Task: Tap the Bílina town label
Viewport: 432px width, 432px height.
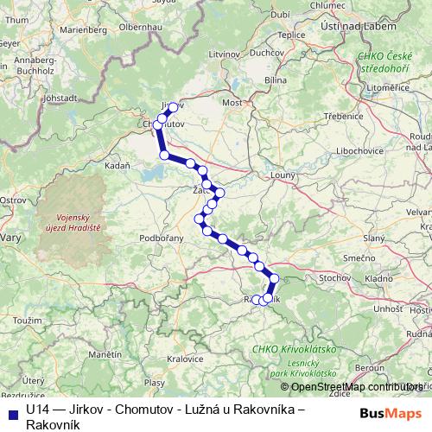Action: pos(276,79)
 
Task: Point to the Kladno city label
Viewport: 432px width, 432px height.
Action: pos(380,279)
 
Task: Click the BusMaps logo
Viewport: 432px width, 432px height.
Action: pos(394,412)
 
